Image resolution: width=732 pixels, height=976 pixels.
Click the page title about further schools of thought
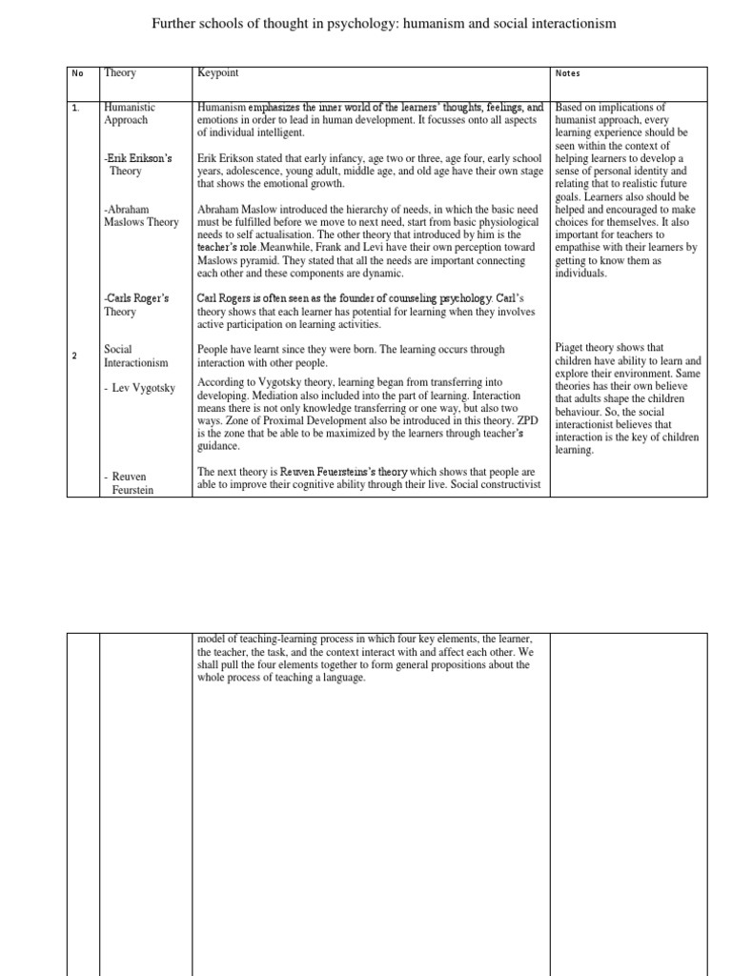click(x=378, y=23)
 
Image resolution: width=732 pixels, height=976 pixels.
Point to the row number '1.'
click(x=76, y=109)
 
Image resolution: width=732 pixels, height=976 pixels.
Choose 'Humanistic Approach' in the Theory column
click(x=130, y=114)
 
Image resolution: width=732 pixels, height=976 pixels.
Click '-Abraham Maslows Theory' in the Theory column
click(x=140, y=216)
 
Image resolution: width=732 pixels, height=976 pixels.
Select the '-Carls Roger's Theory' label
click(x=138, y=303)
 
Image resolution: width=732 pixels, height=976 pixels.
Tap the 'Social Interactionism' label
click(x=135, y=356)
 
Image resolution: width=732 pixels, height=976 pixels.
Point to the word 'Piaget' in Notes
click(x=570, y=348)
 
